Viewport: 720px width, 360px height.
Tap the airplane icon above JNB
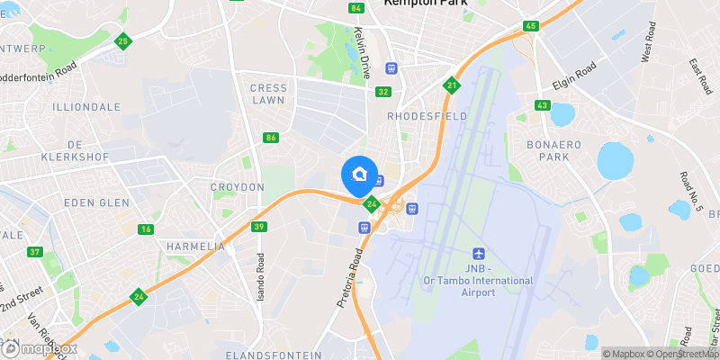[x=478, y=255]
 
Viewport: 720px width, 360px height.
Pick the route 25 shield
[x=123, y=40]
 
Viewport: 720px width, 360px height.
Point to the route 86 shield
[x=271, y=138]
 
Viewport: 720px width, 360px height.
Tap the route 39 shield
[x=259, y=227]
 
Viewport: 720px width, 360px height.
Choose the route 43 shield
[x=541, y=106]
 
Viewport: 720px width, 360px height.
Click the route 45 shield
[x=530, y=26]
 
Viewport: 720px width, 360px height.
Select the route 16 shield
[x=145, y=229]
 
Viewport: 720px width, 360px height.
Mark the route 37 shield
[x=35, y=252]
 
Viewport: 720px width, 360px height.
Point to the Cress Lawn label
[x=267, y=94]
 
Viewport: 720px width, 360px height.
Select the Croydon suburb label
[x=237, y=187]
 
